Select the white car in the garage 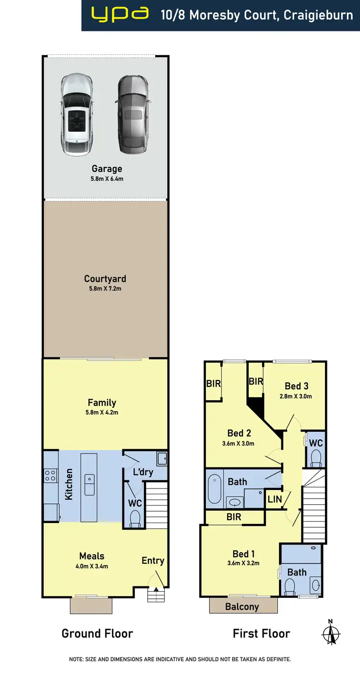[76, 114]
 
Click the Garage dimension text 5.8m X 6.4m [107, 179]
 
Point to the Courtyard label [105, 279]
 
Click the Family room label [102, 403]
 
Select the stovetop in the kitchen [50, 476]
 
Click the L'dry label [143, 472]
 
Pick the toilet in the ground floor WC [135, 518]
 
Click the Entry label [153, 560]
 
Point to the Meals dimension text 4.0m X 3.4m [92, 566]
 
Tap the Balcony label [242, 607]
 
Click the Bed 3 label [296, 386]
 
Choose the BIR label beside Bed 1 [230, 517]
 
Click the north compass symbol [331, 633]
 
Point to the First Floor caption [261, 633]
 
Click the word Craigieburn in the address [318, 15]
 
